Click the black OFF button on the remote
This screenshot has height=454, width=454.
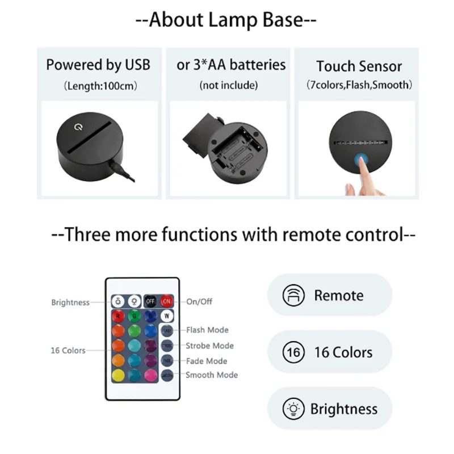point(150,301)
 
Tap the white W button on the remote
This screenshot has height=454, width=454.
point(167,316)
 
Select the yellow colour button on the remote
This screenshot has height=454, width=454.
point(118,375)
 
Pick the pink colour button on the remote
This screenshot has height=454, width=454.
point(151,375)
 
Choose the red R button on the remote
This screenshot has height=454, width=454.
point(118,316)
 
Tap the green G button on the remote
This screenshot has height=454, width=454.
point(134,316)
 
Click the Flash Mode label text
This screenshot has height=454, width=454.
point(207,330)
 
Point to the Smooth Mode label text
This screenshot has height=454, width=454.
point(212,375)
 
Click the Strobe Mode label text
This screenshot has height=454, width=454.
point(209,346)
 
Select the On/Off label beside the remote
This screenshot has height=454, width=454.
point(199,301)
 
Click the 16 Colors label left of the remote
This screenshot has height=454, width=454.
point(68,350)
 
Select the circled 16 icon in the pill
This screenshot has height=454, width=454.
point(294,352)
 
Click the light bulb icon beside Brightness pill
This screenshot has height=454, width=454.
point(293,409)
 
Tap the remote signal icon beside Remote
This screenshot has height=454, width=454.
point(293,296)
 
